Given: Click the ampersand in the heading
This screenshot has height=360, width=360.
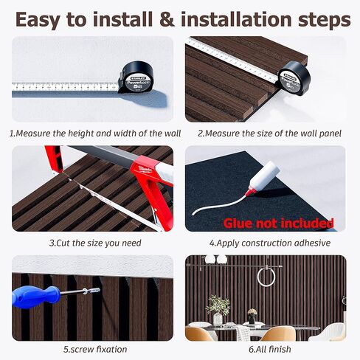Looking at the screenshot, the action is tap(167, 20).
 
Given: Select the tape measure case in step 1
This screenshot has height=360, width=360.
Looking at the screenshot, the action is tap(136, 77).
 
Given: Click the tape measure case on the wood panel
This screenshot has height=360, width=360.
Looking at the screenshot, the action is tap(294, 78).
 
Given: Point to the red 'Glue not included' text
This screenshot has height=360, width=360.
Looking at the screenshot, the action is tap(278, 224).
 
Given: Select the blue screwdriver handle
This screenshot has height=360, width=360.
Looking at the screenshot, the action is tap(35, 297).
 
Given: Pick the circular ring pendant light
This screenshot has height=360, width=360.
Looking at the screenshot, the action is tap(266, 277).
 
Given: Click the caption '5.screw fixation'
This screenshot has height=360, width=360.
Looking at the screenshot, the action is tap(95, 349).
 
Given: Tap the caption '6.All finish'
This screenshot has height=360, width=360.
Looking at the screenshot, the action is tap(270, 349).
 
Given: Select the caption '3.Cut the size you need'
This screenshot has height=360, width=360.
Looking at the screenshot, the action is tap(95, 243).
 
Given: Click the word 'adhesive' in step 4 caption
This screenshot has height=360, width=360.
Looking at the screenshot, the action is tap(312, 243).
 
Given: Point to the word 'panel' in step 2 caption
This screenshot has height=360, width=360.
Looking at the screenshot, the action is tap(330, 134).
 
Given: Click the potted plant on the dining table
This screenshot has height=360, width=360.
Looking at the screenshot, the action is tap(218, 310).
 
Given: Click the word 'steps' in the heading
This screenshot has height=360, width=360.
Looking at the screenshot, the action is tap(325, 21).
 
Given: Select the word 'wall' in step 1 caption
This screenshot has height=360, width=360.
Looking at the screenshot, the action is tap(173, 134).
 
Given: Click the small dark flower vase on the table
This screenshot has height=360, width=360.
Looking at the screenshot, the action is tap(252, 316).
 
